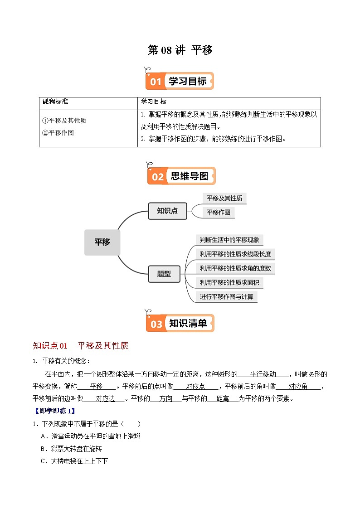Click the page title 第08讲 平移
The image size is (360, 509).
180,50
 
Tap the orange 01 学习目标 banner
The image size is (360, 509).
180,82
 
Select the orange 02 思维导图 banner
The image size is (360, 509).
181,176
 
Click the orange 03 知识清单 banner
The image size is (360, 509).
180,324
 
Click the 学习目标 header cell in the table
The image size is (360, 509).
154,102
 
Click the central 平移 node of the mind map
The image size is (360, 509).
102,242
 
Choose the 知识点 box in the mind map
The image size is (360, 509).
167,211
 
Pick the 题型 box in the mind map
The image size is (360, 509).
164,274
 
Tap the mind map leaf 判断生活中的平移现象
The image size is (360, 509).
230,240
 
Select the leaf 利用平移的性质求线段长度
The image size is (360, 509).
236,254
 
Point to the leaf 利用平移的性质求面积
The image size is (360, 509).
229,282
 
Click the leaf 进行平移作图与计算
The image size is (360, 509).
227,297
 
